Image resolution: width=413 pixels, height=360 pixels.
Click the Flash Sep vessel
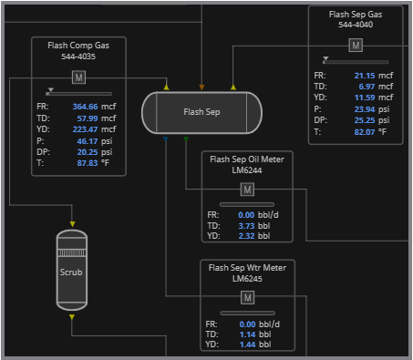[x=201, y=113]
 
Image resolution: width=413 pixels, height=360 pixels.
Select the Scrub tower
[x=72, y=270]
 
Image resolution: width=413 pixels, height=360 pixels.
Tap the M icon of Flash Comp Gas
[x=78, y=77]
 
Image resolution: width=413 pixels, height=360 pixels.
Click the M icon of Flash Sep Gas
[x=356, y=46]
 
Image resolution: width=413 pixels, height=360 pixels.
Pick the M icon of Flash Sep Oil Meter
[x=247, y=190]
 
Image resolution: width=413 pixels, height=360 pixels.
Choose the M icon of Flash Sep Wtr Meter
[x=248, y=297]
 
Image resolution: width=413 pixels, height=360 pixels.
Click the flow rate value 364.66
[x=85, y=107]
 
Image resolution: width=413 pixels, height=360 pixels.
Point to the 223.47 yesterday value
[x=85, y=129]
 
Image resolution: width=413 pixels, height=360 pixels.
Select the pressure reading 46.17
[x=88, y=141]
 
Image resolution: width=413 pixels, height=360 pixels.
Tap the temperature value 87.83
[x=88, y=163]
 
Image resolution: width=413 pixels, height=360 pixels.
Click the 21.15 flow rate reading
[x=365, y=76]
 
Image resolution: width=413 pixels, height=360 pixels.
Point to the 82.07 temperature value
[x=365, y=132]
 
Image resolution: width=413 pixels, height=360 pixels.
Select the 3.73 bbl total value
[x=246, y=226]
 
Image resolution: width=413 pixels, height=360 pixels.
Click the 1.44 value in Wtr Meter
[x=247, y=345]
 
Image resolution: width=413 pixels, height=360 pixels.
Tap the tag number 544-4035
[x=78, y=57]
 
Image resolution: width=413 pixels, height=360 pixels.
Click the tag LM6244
[x=247, y=170]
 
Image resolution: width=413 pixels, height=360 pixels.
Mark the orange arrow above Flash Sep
[x=201, y=87]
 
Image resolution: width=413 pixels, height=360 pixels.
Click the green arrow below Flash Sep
[x=186, y=139]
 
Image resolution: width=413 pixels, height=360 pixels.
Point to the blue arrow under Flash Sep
[x=166, y=139]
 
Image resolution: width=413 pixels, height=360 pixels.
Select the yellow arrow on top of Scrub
[x=72, y=224]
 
